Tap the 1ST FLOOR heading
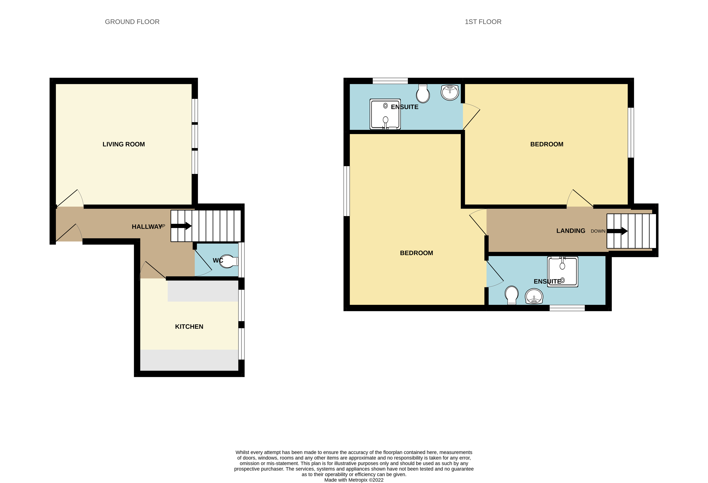click(483, 22)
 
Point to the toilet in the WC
click(229, 261)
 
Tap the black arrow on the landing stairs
click(617, 231)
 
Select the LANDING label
click(571, 231)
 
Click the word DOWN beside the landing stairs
click(598, 231)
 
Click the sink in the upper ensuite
click(450, 92)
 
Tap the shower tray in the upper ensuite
click(385, 114)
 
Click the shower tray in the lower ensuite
click(562, 272)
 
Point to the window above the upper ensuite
click(390, 81)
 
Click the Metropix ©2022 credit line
click(354, 480)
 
